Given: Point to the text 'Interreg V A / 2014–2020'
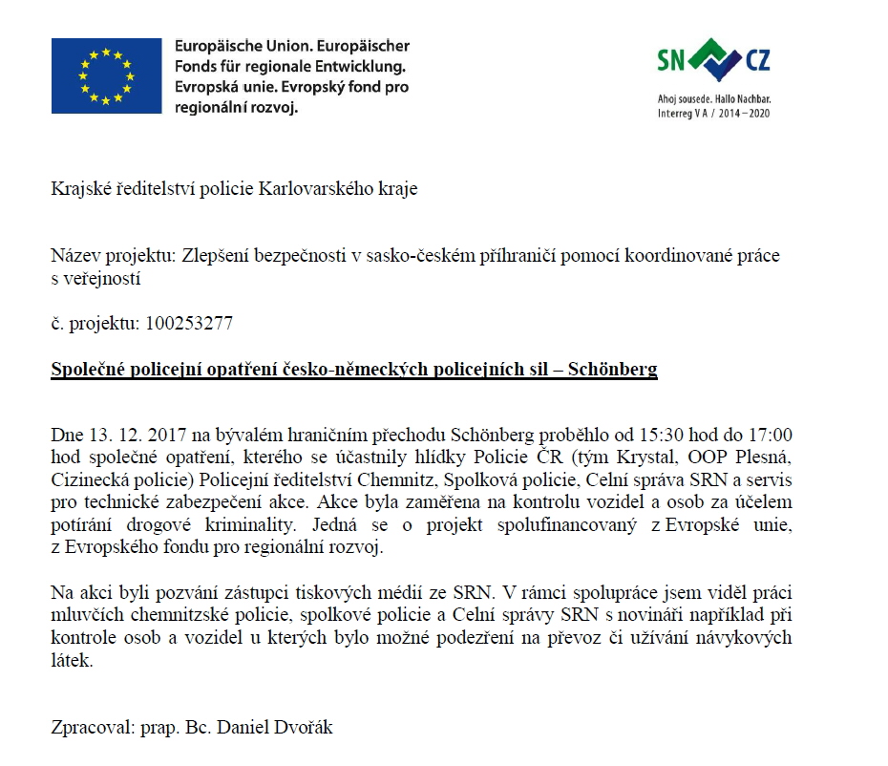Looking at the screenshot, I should coord(713,113).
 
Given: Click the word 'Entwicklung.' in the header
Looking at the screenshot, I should coord(352,67).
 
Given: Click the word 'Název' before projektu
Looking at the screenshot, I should coord(74,256).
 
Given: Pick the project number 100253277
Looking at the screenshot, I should coord(189,324).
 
